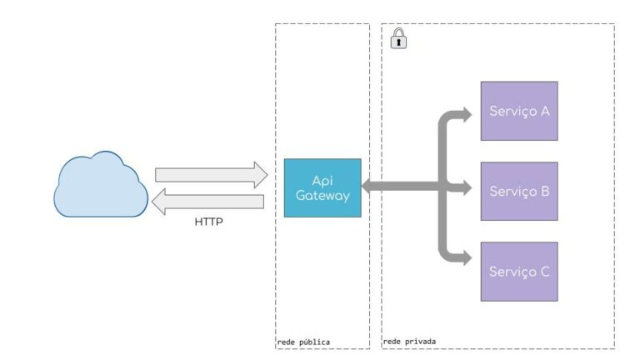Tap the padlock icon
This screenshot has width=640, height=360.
click(x=398, y=38)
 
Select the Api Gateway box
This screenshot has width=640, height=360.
click(x=322, y=187)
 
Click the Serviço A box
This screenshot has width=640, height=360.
click(x=518, y=111)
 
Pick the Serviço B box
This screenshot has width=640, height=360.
click(x=518, y=191)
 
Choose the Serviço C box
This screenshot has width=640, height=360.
click(x=518, y=272)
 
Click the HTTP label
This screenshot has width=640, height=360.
click(x=209, y=222)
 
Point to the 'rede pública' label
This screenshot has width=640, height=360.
click(x=302, y=341)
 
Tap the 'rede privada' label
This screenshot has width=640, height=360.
click(x=408, y=341)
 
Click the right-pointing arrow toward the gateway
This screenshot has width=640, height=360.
click(x=211, y=174)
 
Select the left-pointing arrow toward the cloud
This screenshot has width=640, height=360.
click(x=211, y=202)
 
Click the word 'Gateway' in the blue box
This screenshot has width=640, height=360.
click(x=322, y=196)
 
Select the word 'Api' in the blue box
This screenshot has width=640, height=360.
click(x=322, y=180)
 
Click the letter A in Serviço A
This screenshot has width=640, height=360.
click(x=544, y=111)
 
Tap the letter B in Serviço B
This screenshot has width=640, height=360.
click(x=544, y=191)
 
